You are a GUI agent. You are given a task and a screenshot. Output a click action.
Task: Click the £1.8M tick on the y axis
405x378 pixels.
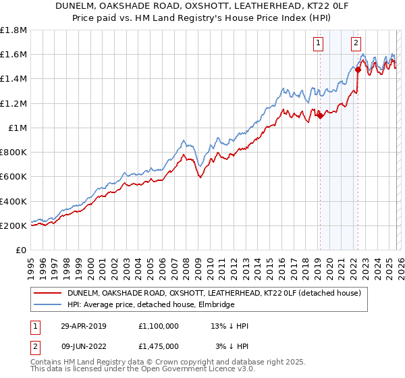[13, 30]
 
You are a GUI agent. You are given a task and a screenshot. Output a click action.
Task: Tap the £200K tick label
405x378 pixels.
[13, 225]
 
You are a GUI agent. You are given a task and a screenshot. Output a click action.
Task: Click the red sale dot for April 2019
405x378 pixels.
[320, 115]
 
